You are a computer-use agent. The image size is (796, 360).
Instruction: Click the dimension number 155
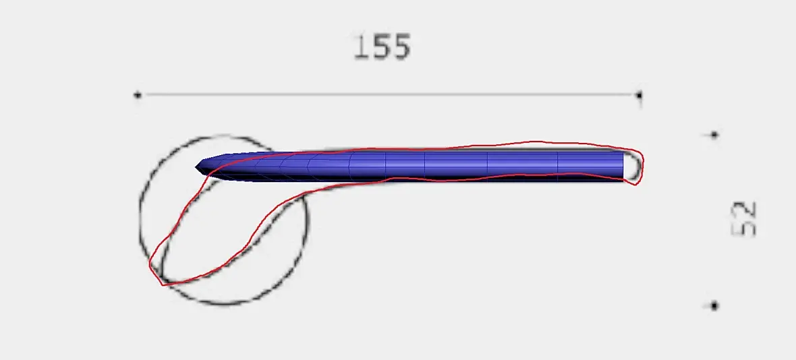pos(382,47)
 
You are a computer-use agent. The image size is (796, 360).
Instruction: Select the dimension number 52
pos(743,219)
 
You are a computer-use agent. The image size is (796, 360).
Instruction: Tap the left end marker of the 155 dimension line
pos(137,94)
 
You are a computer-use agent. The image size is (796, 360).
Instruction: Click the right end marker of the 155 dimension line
pos(639,95)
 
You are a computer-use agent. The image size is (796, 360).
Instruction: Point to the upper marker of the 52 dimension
pos(714,135)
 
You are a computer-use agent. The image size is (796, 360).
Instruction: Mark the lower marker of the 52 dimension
pos(714,306)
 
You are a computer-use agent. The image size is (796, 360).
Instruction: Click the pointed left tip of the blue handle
pos(196,167)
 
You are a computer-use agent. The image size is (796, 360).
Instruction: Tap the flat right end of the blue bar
pos(623,165)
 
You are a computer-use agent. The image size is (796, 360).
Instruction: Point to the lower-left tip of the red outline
pos(161,284)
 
